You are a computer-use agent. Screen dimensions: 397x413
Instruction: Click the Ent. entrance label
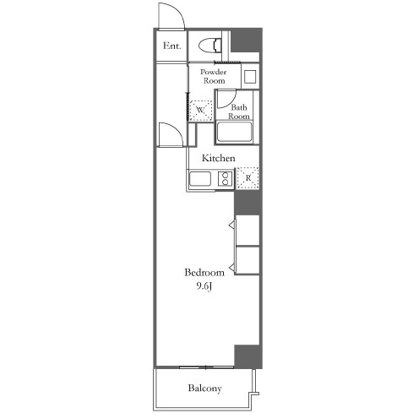(171, 46)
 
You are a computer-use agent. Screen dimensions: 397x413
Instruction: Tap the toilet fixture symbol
(209, 46)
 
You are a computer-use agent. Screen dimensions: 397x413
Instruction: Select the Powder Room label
(214, 76)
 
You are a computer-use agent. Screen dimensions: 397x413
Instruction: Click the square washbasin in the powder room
(250, 77)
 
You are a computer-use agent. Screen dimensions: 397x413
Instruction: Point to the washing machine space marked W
(200, 111)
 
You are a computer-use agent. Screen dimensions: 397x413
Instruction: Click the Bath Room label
(239, 111)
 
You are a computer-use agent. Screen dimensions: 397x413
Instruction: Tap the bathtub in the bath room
(234, 132)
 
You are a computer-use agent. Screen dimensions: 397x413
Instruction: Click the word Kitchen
(219, 158)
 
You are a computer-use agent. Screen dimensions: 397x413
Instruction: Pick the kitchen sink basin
(200, 179)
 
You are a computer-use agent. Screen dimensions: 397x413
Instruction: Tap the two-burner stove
(226, 179)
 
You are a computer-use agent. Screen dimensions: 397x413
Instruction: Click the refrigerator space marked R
(247, 178)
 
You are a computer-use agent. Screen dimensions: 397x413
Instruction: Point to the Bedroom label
(204, 273)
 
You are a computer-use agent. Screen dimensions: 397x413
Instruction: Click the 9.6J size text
(204, 287)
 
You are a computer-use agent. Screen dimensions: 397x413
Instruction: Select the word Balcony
(205, 389)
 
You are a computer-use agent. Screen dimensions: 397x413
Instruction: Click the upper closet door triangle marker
(231, 225)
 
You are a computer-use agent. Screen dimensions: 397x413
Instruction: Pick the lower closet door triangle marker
(231, 268)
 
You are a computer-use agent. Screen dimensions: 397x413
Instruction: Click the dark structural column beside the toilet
(246, 40)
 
